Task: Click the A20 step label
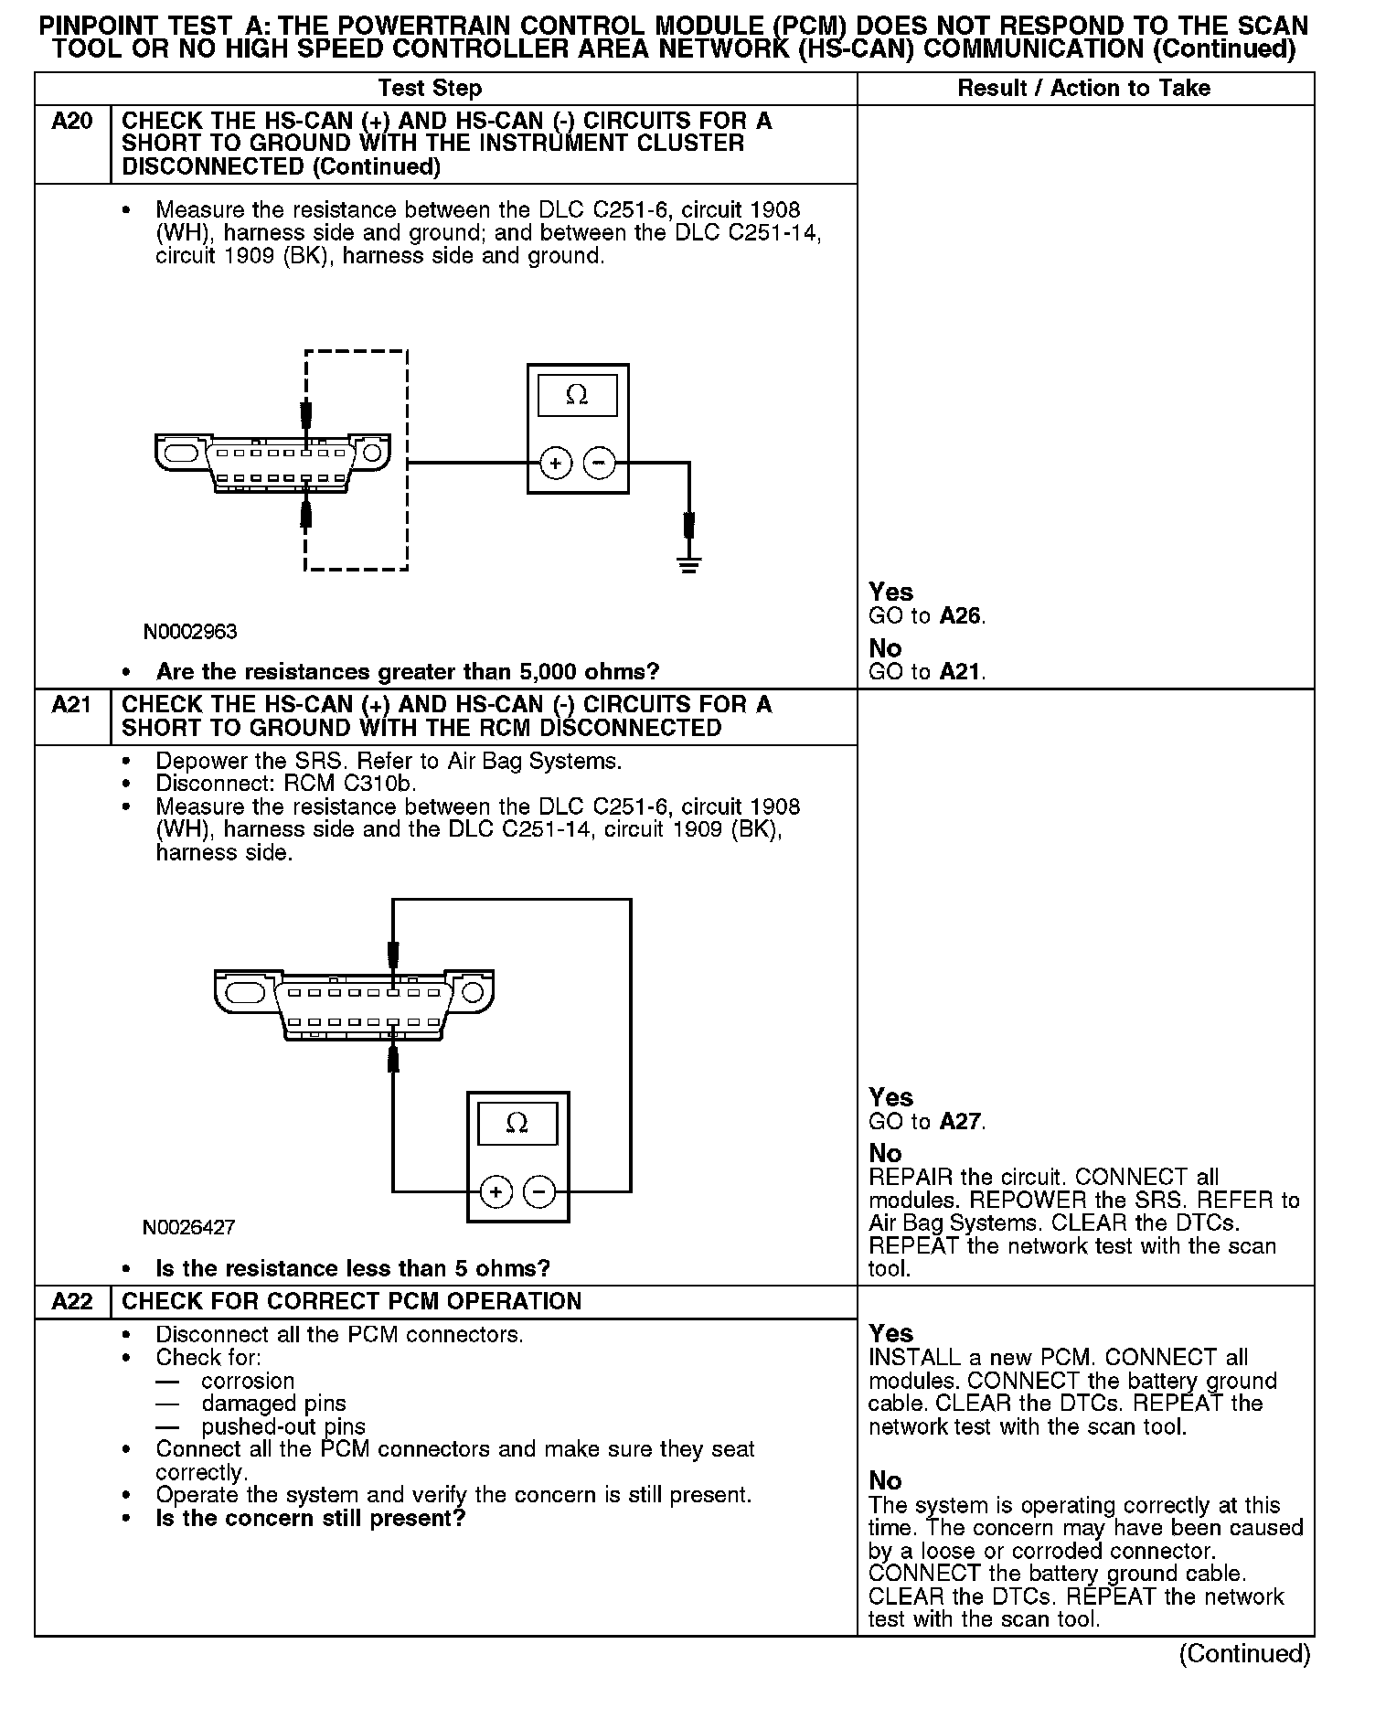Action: (x=72, y=121)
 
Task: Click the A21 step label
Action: (x=72, y=704)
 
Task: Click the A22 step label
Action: (x=72, y=1301)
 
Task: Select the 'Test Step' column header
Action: (x=430, y=88)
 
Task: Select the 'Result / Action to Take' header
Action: (x=1083, y=88)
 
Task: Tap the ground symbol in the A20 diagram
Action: (x=689, y=563)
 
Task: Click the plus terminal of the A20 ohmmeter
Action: (x=556, y=464)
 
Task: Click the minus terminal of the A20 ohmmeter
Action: (x=599, y=464)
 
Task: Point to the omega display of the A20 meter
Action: (x=577, y=395)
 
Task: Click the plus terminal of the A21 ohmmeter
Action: (x=496, y=1191)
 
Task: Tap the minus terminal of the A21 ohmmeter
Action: (x=538, y=1191)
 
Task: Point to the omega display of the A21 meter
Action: (x=517, y=1123)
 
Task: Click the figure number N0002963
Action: (x=190, y=632)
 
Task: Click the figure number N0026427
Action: (x=189, y=1227)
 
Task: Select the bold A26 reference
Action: (x=961, y=615)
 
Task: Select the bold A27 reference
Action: (x=961, y=1121)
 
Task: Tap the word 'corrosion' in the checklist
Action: (x=248, y=1381)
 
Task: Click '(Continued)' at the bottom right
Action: (x=1244, y=1653)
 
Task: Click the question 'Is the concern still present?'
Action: (x=311, y=1518)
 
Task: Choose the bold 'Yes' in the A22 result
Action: (x=891, y=1333)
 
